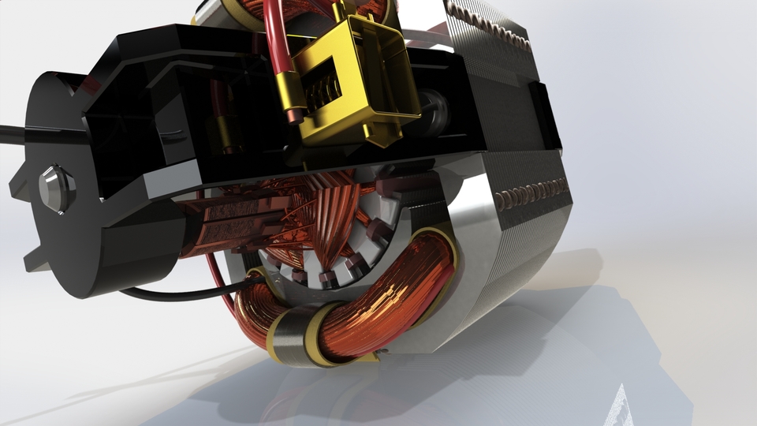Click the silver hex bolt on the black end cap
click(x=55, y=188)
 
